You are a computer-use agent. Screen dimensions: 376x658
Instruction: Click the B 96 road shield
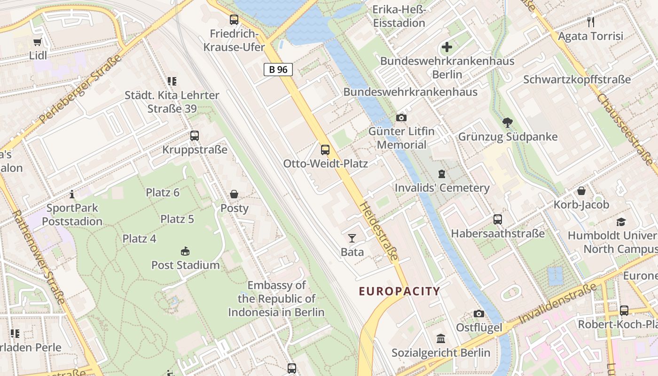278,70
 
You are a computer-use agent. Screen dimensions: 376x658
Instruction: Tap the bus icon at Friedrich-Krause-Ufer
234,20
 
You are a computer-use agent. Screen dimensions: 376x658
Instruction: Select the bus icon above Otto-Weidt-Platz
325,150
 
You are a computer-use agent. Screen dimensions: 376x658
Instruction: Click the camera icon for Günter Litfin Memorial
401,117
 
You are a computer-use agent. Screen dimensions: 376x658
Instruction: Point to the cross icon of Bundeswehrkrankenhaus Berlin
446,47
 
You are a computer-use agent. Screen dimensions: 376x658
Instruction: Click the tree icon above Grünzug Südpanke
507,123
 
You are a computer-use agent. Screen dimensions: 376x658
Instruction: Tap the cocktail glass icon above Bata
352,238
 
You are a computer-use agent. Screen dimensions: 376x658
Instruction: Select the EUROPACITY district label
399,291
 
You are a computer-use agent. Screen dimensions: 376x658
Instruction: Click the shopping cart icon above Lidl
38,42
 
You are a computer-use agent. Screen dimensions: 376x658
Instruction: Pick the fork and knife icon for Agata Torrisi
591,22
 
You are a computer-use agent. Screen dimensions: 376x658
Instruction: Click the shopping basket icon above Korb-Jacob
581,191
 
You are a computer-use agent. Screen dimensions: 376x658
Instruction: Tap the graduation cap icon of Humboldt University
621,222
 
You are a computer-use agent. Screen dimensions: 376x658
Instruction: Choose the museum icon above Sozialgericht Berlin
441,339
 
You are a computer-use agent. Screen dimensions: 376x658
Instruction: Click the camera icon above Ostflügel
478,313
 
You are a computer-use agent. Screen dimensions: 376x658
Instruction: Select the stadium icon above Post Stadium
185,251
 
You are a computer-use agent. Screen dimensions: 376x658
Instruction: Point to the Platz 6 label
163,192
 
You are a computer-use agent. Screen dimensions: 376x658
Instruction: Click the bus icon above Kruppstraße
195,136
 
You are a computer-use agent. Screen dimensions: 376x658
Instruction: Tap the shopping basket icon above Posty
234,194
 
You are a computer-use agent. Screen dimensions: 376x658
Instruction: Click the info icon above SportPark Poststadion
72,194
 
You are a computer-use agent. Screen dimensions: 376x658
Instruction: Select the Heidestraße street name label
379,232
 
